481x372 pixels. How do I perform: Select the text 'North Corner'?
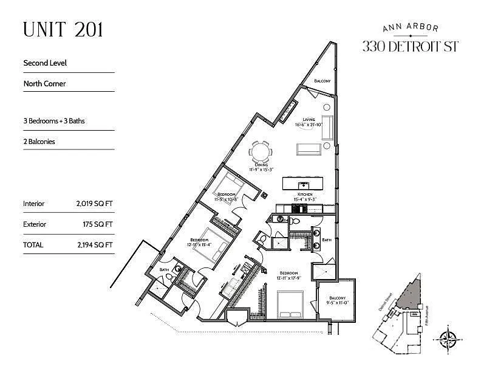coord(44,83)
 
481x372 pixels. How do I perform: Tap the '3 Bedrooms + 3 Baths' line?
coord(53,121)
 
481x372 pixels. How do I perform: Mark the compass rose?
coord(449,336)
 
